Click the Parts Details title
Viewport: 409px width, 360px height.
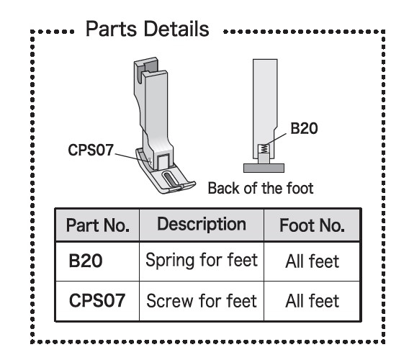pyautogui.click(x=148, y=30)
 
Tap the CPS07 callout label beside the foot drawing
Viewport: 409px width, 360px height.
pyautogui.click(x=91, y=150)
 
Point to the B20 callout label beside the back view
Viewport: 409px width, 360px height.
pyautogui.click(x=304, y=128)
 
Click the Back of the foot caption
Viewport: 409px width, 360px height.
pyautogui.click(x=261, y=189)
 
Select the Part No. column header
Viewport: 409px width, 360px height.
pyautogui.click(x=98, y=225)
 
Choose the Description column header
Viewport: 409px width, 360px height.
pyautogui.click(x=202, y=225)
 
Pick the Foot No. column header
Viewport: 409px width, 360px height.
pyautogui.click(x=312, y=225)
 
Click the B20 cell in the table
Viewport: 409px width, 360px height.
pyautogui.click(x=86, y=261)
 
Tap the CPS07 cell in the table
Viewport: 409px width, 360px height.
pyautogui.click(x=97, y=300)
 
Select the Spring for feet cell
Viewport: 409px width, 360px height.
pyautogui.click(x=202, y=260)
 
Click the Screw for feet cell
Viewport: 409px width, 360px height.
pyautogui.click(x=202, y=301)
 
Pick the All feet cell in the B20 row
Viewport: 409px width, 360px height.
pyautogui.click(x=313, y=261)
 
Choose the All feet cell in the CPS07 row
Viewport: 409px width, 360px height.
pyautogui.click(x=313, y=301)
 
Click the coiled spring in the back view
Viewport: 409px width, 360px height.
pyautogui.click(x=264, y=149)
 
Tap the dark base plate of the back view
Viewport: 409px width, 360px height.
pyautogui.click(x=264, y=168)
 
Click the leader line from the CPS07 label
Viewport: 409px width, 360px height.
pyautogui.click(x=132, y=158)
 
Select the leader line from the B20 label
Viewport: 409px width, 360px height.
pyautogui.click(x=276, y=140)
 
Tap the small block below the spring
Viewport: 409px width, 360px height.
pyautogui.click(x=264, y=158)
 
